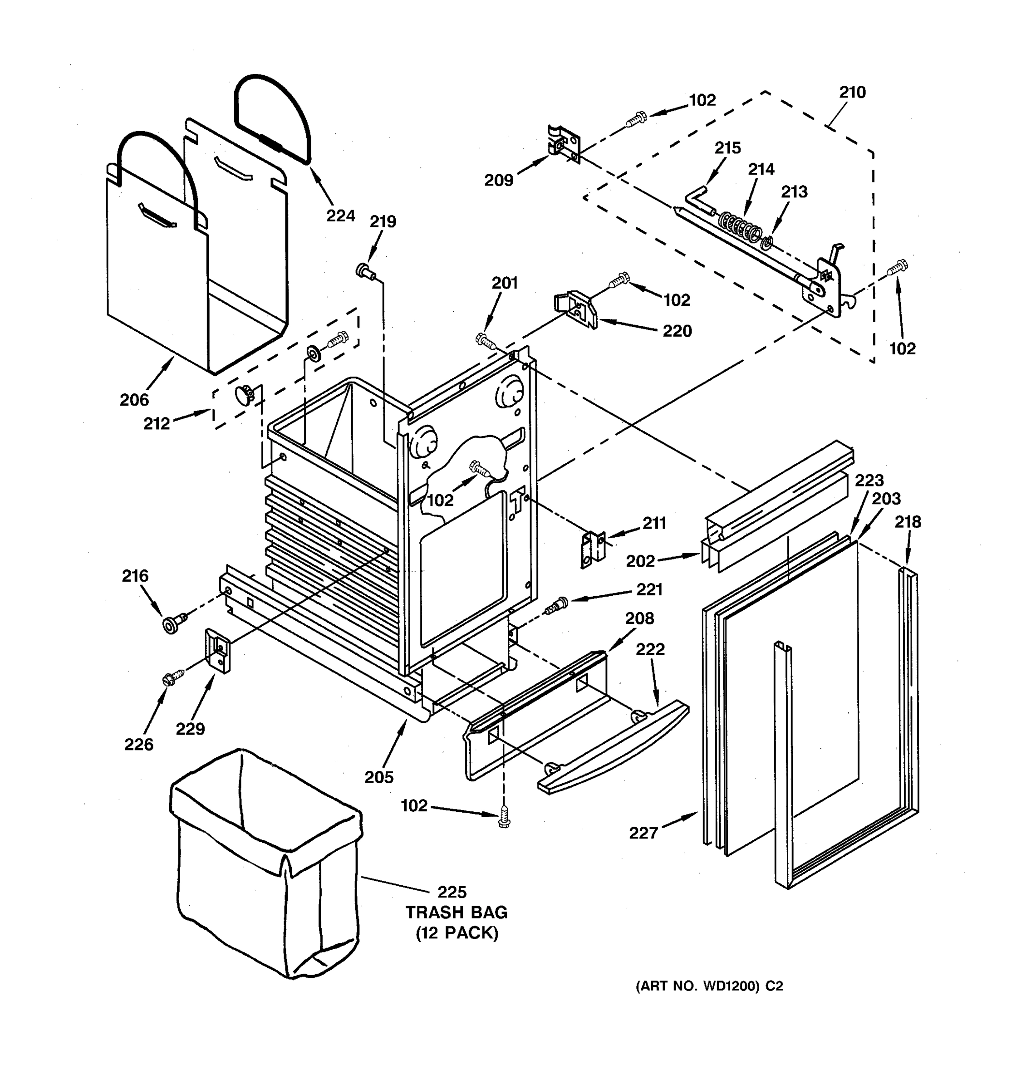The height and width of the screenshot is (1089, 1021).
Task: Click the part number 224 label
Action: point(340,216)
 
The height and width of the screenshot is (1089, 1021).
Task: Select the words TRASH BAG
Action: point(456,912)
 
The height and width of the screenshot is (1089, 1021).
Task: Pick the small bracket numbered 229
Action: point(218,650)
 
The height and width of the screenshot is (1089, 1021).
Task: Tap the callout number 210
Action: point(852,93)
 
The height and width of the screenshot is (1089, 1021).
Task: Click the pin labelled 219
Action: point(364,270)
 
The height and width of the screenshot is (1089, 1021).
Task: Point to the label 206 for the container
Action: point(134,400)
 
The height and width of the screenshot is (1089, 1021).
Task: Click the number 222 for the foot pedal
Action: point(650,649)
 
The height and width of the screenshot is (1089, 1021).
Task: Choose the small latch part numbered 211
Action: point(592,549)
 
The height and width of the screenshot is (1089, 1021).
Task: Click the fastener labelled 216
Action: point(172,623)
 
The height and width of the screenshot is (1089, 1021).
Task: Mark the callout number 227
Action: point(643,833)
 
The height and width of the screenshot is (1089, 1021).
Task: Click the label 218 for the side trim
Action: point(908,522)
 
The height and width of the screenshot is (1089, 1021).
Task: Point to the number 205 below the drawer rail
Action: point(379,777)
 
